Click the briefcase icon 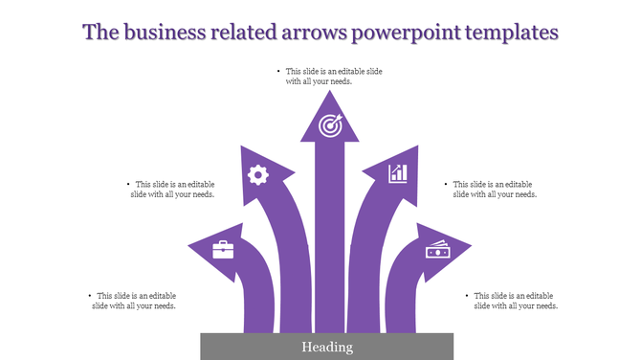coord(222,250)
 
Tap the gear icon coord(257,174)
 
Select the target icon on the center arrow coord(330,124)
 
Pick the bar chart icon coord(398,173)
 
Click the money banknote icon coord(438,250)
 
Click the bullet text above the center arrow coord(323,77)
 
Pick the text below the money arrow coord(516,301)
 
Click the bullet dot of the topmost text coord(278,72)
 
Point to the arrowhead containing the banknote coord(442,251)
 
